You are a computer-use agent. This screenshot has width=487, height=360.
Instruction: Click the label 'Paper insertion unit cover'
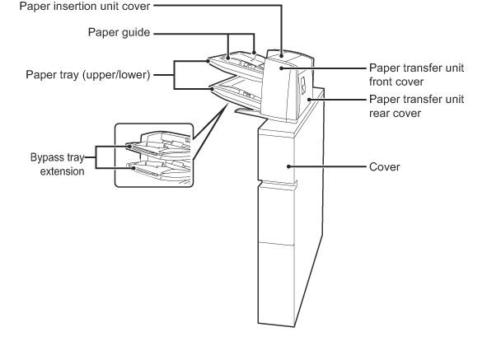pos(85,7)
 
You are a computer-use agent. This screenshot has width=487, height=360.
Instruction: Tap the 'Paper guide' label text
pos(119,32)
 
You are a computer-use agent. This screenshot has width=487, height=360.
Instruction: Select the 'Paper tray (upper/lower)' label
pos(88,75)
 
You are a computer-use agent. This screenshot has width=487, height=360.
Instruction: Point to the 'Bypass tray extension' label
pos(58,164)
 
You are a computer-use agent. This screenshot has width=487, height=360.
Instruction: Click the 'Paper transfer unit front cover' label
pos(416,75)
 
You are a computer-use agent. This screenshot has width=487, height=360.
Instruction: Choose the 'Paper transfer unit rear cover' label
pos(416,106)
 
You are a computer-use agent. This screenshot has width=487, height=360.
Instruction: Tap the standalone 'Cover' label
pos(385,167)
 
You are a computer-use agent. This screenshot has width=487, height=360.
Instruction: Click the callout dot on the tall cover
pos(288,166)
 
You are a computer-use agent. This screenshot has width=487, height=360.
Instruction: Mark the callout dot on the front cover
pos(281,68)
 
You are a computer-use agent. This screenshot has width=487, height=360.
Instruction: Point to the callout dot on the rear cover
pos(309,100)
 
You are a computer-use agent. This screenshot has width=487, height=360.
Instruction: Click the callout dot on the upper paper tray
pos(208,61)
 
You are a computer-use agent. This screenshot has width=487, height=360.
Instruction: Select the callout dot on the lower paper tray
pos(213,89)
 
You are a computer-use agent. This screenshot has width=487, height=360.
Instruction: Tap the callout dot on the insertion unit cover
pos(281,56)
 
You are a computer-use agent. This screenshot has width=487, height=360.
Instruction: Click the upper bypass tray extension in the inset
pos(143,150)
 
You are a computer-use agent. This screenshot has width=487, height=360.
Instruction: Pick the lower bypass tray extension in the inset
pos(146,171)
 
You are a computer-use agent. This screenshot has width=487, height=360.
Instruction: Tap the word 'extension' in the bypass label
pos(62,171)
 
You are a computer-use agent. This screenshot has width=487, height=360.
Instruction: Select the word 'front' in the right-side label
pos(383,82)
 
